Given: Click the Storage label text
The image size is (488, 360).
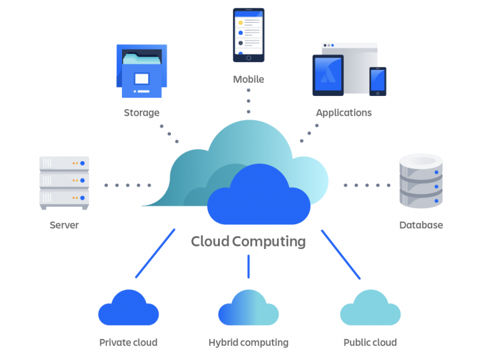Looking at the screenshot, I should coord(141,113).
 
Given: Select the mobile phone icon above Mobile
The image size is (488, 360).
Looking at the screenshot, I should coord(248,35).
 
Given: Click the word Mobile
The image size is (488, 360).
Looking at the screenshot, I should coord(248,79).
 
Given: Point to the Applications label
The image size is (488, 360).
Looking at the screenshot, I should coord(344,113).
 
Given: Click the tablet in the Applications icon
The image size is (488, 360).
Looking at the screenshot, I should coord(328,75).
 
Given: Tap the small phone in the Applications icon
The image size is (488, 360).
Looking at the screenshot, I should coord(377,81).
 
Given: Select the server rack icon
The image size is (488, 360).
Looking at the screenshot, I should coord(64,182).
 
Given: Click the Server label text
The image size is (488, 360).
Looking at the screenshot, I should coord(64,225).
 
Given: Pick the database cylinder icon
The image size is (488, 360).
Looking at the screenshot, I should coord(420,182).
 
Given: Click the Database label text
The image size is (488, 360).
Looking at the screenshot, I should coord(421,225).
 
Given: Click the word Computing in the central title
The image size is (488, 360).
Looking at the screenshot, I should coord(269,242).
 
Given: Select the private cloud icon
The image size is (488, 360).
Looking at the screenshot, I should coord(128,309).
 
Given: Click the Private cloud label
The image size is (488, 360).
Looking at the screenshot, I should coord(128,343).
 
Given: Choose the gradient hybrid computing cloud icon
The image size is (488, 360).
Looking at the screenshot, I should coord(248,309).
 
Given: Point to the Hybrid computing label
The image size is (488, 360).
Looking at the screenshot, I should coord(248,343).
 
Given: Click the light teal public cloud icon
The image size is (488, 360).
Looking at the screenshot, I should coord(370,309).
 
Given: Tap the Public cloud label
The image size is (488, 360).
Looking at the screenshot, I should coord(370,343).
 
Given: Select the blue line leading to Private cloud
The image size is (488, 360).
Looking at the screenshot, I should coord(156,253).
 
